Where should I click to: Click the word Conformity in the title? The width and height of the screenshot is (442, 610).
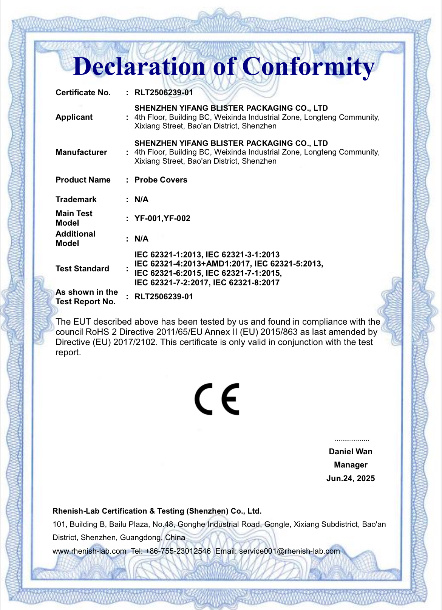308,67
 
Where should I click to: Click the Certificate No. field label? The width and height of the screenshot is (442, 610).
83,93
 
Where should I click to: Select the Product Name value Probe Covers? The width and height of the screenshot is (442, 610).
161,180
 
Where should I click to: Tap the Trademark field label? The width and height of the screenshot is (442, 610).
76,200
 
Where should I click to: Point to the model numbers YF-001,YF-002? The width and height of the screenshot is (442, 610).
162,218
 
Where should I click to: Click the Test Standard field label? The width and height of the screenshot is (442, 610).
82,269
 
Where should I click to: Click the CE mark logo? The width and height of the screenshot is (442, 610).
217,399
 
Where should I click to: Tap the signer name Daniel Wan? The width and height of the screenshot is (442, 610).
351,452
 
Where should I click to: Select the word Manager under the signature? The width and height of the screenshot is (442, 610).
351,465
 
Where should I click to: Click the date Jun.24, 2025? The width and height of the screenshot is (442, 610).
351,478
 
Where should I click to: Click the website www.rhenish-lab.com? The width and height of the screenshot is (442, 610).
90,551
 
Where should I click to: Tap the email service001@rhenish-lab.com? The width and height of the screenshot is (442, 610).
289,551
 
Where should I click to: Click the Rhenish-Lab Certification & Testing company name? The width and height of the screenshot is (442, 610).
157,511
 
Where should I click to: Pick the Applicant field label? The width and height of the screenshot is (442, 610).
74,117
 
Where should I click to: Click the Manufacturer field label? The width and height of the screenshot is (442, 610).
81,152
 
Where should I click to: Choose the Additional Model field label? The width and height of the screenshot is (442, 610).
76,238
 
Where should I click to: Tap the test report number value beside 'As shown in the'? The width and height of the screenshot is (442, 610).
164,297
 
